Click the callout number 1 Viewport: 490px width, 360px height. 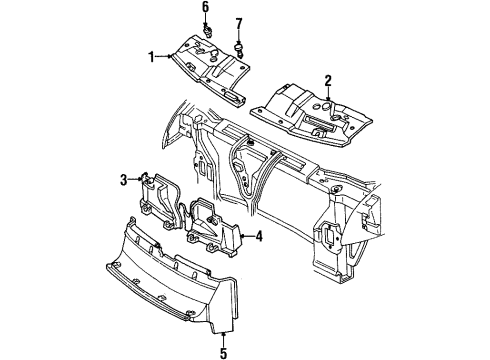pyautogui.click(x=153, y=58)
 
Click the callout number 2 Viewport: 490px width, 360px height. pyautogui.click(x=327, y=80)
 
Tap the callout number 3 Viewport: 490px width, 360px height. pyautogui.click(x=123, y=180)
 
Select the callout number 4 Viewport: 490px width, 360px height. pyautogui.click(x=259, y=237)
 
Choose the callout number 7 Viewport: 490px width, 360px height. pyautogui.click(x=238, y=23)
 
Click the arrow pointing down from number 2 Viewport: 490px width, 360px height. pyautogui.click(x=327, y=92)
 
